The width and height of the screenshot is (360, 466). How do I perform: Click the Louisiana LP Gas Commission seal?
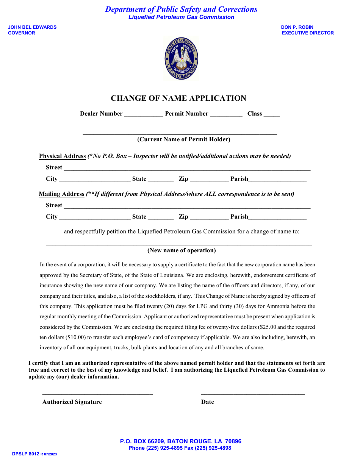[x=181, y=59]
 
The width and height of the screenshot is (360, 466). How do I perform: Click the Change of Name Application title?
[x=178, y=98]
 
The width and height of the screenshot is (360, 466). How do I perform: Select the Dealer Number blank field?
[x=144, y=114]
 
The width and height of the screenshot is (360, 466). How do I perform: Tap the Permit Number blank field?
[x=226, y=114]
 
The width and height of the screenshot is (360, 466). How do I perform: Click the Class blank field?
[x=271, y=114]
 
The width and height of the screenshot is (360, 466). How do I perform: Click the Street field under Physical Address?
[x=187, y=168]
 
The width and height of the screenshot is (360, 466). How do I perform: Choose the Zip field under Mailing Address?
[x=209, y=217]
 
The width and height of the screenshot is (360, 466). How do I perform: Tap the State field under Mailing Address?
[x=161, y=217]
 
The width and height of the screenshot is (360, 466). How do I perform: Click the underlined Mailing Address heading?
[x=61, y=194]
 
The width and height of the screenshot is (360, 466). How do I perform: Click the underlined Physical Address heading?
[x=63, y=156]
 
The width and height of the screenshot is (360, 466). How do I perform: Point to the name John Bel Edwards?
[x=32, y=27]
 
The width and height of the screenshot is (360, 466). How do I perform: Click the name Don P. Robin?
[x=297, y=27]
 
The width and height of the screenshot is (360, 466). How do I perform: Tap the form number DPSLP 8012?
[x=26, y=453]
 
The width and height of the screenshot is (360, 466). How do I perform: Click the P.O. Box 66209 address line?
[x=180, y=441]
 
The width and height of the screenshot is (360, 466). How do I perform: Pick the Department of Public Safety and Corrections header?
[x=181, y=9]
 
